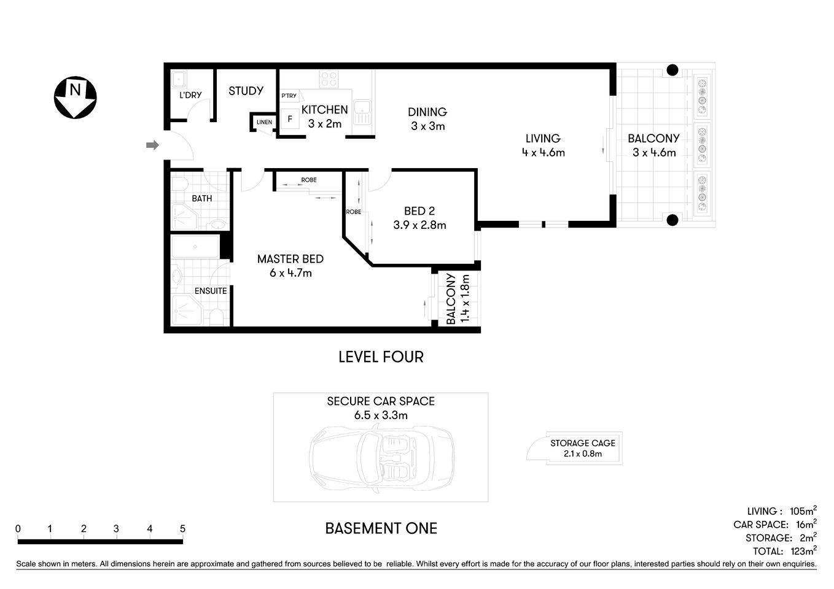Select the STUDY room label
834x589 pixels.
pos(246,91)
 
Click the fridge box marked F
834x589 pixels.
pos(290,118)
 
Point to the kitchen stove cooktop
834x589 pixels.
pos(329,79)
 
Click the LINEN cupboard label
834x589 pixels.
pos(264,122)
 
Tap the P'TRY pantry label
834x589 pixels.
pos(289,96)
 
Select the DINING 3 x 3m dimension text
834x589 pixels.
pos(427,126)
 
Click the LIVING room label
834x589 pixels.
pos(543,139)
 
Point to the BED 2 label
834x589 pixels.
pos(419,211)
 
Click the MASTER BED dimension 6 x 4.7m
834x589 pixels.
pos(290,273)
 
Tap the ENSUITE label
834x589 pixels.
pos(211,291)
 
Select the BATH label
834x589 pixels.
pos(202,198)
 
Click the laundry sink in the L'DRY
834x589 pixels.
pos(179,79)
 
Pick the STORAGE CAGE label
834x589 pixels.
pos(582,443)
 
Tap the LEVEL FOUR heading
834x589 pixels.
pos(381,356)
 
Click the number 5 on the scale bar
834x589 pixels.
pos(182,529)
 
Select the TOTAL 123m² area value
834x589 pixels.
pos(802,551)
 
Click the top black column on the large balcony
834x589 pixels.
pos(672,70)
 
